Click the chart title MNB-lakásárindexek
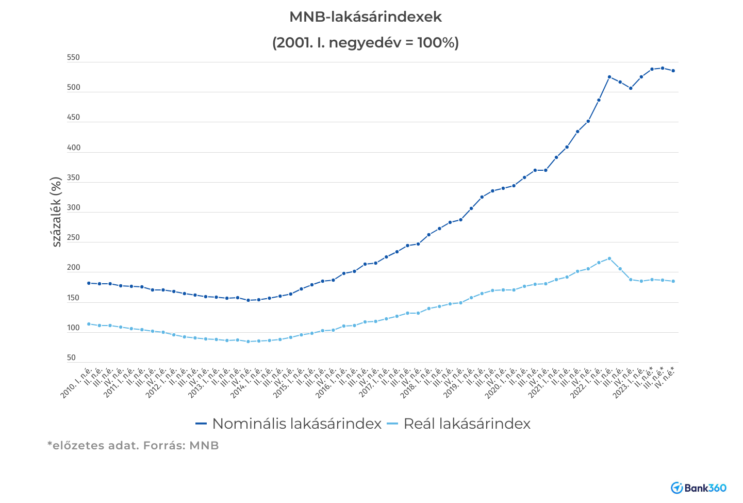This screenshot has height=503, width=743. [365, 17]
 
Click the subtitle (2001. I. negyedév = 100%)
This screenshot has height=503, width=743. [365, 42]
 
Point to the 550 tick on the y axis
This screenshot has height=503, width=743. [74, 58]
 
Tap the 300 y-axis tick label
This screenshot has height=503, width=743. [74, 208]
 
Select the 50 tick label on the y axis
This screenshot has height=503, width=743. [71, 358]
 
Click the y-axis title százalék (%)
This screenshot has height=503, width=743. [56, 212]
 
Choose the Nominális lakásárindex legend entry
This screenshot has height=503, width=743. [289, 424]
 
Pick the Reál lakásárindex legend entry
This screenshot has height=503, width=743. [459, 424]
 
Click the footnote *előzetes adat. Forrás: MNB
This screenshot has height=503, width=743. [133, 446]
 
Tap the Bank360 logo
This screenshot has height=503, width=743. [698, 488]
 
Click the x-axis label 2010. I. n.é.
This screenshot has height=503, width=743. [77, 383]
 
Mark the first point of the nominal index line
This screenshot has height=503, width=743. [89, 283]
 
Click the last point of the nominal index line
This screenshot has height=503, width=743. [673, 71]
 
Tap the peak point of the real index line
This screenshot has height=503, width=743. [609, 258]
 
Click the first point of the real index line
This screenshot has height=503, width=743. [89, 324]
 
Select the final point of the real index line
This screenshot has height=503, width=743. [673, 281]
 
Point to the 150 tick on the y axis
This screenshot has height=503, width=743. [73, 298]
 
